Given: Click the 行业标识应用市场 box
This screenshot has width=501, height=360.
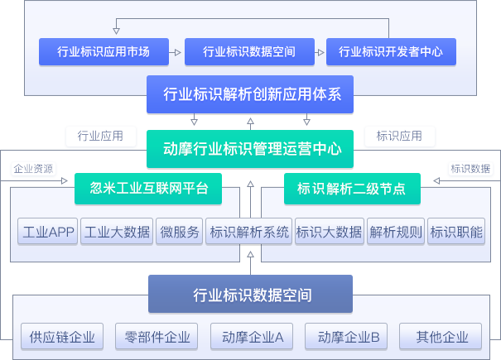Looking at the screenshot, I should click(104, 51).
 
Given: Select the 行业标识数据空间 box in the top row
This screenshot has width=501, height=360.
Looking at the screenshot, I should click(249, 51).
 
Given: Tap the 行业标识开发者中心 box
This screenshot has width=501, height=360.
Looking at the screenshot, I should click(391, 51).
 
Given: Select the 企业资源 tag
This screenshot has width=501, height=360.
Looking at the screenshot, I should click(34, 169).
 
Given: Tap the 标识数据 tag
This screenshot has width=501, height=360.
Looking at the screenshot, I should click(470, 169).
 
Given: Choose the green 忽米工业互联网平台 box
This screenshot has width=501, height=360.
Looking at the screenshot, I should click(148, 188).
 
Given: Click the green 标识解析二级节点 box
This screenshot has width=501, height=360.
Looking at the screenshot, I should click(350, 188).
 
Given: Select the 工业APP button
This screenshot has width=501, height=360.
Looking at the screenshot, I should click(49, 232).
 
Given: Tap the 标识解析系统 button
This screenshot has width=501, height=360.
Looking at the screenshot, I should click(249, 232).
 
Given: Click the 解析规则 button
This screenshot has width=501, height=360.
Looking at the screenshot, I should click(396, 232).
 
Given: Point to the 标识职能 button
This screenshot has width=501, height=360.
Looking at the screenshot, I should click(456, 232).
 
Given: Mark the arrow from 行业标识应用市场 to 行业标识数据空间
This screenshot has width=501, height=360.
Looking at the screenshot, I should click(175, 51).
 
